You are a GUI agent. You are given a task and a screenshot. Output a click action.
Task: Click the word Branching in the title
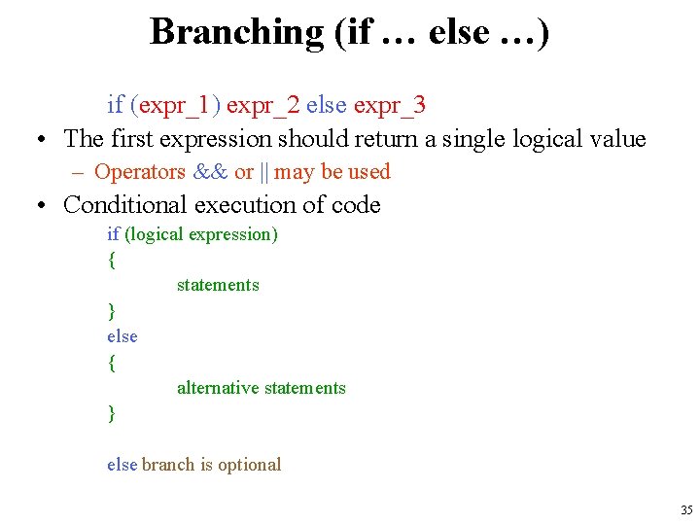click(236, 32)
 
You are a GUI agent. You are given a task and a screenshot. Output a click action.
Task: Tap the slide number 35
click(686, 509)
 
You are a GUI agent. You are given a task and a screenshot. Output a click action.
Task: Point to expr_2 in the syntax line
click(262, 105)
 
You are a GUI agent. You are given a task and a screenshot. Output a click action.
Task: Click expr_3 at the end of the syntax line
click(389, 105)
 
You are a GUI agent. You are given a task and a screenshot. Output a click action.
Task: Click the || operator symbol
click(263, 172)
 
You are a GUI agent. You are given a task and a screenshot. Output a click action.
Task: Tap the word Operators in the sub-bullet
click(140, 172)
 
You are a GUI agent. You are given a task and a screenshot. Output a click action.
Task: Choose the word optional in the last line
click(250, 465)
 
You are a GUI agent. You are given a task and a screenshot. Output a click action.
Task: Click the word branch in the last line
click(168, 465)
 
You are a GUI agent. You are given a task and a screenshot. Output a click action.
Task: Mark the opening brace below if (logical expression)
click(112, 260)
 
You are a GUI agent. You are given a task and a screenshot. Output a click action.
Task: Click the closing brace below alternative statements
click(112, 413)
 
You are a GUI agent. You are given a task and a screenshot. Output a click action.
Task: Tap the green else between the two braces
click(122, 336)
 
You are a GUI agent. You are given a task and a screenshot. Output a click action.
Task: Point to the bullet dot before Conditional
click(45, 206)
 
